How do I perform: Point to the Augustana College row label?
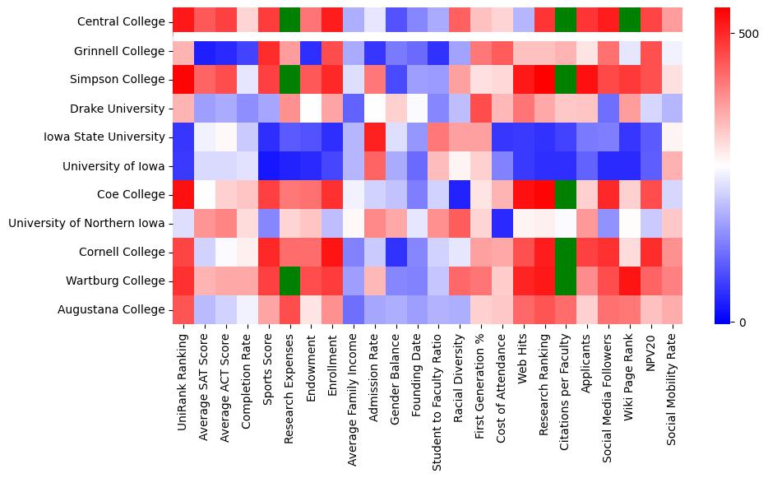(x=112, y=309)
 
